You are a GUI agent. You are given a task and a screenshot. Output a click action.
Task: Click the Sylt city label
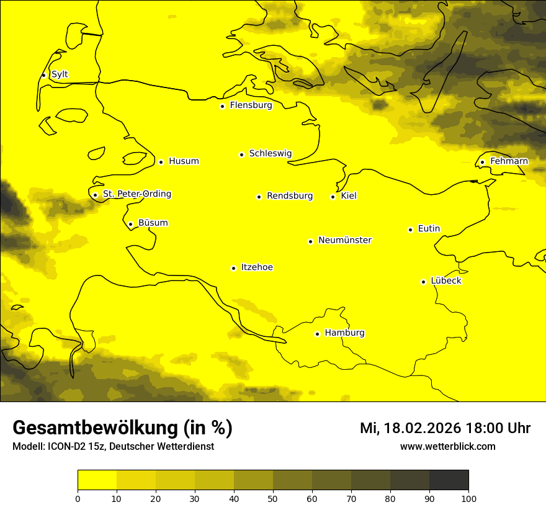60,74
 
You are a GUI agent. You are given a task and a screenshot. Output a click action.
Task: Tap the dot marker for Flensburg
222,106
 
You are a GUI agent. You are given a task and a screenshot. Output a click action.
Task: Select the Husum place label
184,161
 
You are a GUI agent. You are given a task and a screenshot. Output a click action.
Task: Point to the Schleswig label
270,153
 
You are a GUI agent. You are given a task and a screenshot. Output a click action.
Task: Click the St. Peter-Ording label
136,194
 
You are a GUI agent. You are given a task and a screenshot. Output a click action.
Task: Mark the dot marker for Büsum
130,224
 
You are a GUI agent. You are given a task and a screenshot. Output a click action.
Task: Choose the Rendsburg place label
289,196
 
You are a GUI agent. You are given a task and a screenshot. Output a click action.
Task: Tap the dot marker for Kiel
333,197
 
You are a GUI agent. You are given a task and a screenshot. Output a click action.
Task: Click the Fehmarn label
509,161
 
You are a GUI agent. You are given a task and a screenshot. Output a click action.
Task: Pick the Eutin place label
429,228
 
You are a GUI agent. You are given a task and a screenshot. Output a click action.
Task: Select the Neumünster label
345,240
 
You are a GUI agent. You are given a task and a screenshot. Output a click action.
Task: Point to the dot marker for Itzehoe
233,268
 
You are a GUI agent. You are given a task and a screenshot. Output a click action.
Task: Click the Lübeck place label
445,280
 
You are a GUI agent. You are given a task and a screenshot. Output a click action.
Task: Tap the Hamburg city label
344,333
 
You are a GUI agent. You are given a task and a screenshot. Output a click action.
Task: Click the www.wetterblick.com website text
447,446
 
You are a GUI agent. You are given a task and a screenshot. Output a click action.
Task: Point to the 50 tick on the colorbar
273,498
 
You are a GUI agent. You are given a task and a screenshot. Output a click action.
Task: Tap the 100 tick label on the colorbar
468,498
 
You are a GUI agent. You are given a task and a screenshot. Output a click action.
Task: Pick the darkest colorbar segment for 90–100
449,480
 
